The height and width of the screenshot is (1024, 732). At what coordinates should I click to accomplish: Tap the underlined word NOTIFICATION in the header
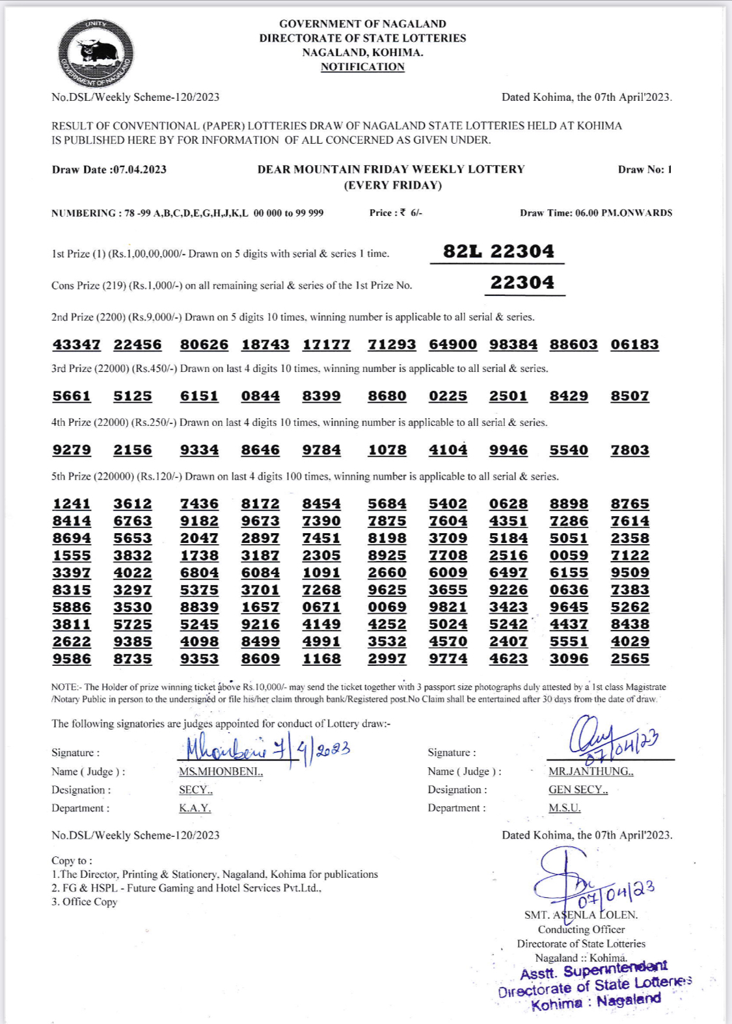(362, 67)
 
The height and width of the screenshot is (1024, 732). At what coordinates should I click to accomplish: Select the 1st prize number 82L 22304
(498, 252)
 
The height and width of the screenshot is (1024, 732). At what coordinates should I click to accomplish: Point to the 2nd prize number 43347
(77, 345)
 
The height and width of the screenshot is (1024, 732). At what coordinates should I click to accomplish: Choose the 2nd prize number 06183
(634, 345)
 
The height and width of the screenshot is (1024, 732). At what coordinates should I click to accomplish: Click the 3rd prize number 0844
(260, 396)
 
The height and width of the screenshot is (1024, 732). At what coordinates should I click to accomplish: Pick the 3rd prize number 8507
(630, 396)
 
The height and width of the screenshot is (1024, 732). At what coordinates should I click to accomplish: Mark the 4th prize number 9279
(72, 450)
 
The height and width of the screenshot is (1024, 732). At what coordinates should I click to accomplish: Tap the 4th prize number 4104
(448, 450)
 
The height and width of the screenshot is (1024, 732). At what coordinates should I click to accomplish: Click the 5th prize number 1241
(72, 504)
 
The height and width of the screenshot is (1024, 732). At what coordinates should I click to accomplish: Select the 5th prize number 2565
(630, 659)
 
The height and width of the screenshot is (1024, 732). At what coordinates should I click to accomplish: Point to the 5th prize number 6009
(448, 573)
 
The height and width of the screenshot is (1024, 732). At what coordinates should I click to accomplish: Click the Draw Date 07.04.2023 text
(109, 170)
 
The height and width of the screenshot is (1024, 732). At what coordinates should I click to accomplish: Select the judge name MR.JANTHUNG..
(590, 772)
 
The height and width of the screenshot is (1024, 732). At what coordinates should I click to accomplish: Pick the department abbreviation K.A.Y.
(195, 808)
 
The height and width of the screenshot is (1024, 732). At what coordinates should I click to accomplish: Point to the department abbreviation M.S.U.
(564, 808)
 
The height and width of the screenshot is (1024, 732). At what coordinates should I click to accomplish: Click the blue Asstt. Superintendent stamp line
(593, 971)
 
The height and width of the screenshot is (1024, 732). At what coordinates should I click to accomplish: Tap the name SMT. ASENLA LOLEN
(580, 915)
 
